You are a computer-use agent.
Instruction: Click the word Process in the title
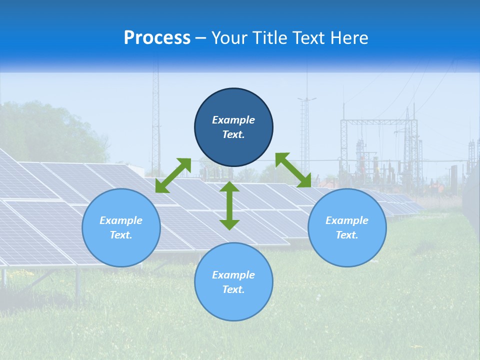click(157, 38)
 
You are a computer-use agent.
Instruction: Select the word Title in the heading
click(272, 38)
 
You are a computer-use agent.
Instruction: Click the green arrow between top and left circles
click(173, 175)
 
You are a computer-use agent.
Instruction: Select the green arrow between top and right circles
click(293, 170)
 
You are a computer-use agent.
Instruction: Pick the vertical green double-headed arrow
click(229, 205)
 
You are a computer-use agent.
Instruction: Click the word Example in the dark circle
click(233, 120)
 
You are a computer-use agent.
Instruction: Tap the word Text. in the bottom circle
click(233, 289)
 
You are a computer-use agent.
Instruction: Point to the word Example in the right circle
click(347, 220)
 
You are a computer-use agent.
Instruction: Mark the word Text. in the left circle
click(121, 235)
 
